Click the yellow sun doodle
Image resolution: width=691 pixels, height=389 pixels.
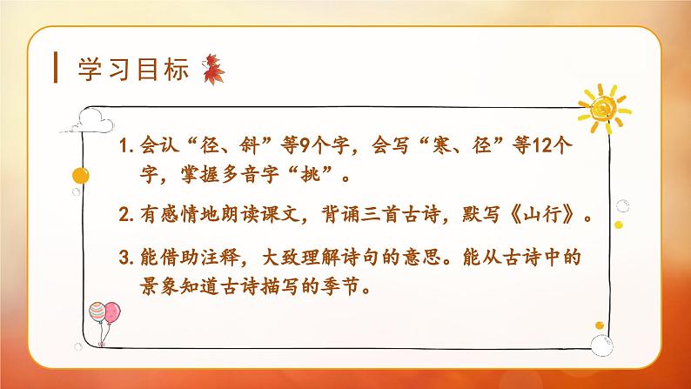(x=600, y=106)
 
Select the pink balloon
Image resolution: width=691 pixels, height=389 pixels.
(x=95, y=312)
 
